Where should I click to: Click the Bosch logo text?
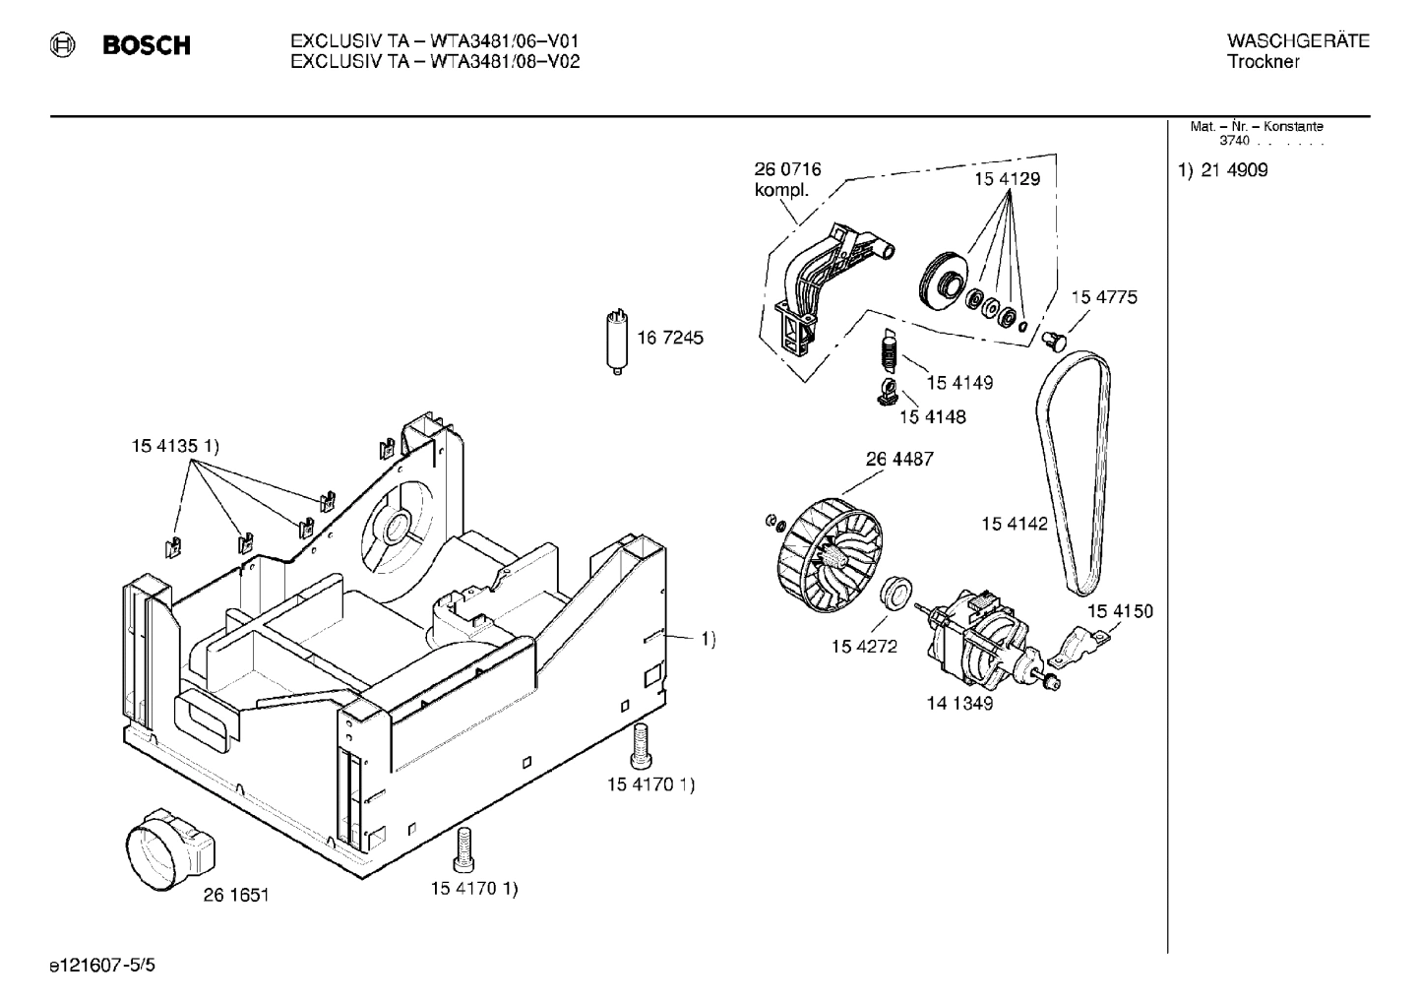(147, 46)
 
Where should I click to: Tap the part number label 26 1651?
(236, 895)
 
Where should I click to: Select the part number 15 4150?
(1120, 611)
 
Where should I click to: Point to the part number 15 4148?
(932, 417)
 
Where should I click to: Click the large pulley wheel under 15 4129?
(943, 282)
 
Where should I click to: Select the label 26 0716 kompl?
(787, 179)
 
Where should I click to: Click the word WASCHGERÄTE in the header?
(1298, 41)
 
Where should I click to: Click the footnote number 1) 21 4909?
(1223, 170)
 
